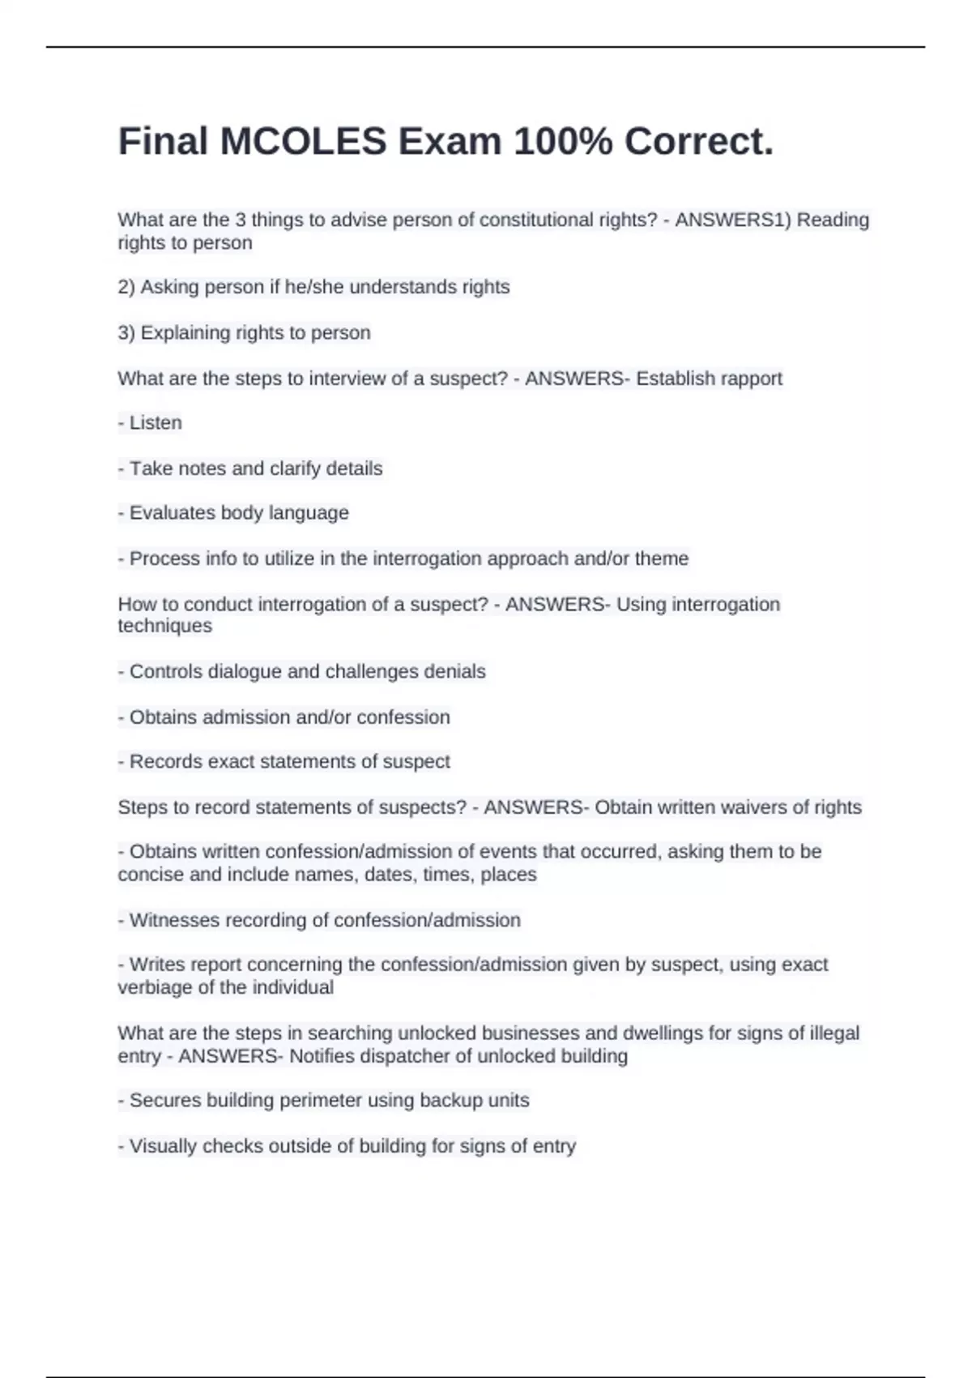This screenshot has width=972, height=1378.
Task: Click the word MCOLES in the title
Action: click(304, 142)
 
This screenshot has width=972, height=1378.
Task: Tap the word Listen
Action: click(156, 423)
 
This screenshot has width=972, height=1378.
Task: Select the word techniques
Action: click(164, 626)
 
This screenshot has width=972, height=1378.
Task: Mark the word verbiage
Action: click(155, 987)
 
